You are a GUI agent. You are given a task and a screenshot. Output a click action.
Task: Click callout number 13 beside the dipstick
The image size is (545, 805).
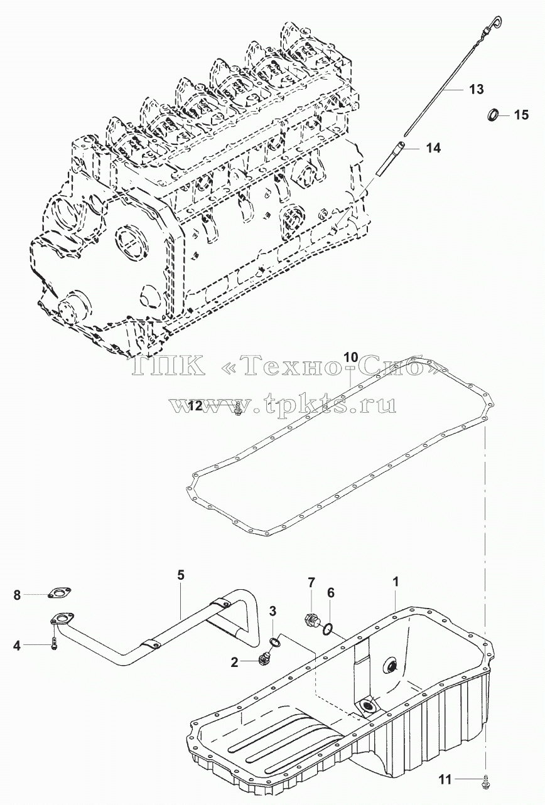tap(477, 89)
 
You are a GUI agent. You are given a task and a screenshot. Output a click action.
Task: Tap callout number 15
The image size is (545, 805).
tap(521, 115)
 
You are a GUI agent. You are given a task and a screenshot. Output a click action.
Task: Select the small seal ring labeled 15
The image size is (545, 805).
tap(492, 115)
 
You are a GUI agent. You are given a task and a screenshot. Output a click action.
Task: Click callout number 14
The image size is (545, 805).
tap(433, 147)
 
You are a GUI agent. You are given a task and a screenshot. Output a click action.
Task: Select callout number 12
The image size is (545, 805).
tap(196, 407)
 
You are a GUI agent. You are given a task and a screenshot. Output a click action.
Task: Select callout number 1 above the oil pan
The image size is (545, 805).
tap(396, 582)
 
